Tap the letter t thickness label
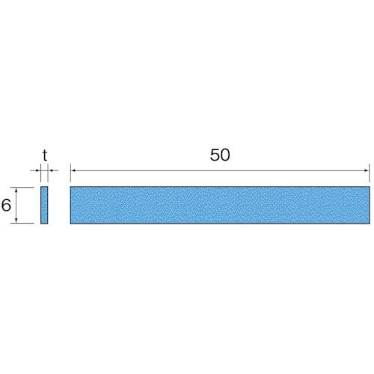(x=45, y=156)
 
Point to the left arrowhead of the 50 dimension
(x=73, y=171)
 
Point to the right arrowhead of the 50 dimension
(x=367, y=171)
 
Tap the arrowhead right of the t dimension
(x=51, y=171)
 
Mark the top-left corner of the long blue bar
(x=70, y=187)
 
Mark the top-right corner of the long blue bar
(x=370, y=187)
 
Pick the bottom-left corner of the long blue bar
(x=70, y=223)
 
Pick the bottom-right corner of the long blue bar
(x=370, y=223)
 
